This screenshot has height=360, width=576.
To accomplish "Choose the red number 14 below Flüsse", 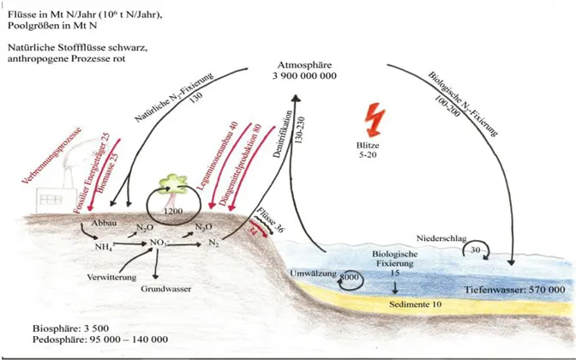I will pos(255,231).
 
